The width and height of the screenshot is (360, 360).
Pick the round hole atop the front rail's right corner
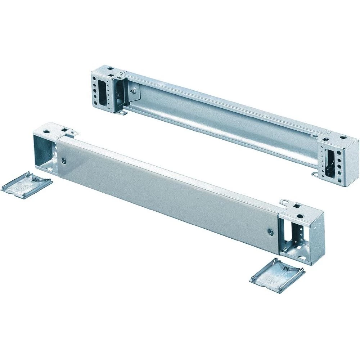300,217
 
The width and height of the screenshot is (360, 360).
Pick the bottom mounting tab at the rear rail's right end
315,175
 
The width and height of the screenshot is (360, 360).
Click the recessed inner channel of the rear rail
216,119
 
